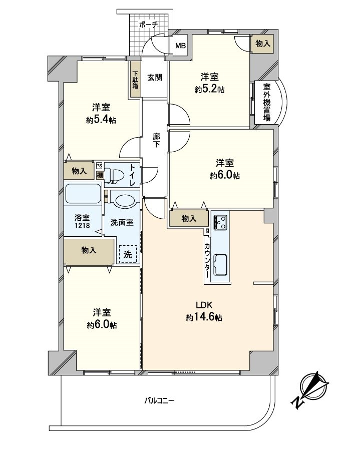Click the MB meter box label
point(180,47)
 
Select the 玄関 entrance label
point(155,77)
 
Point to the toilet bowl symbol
point(116,174)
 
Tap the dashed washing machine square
point(128,254)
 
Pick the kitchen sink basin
point(220,264)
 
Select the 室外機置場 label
point(266,102)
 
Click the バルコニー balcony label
point(159,400)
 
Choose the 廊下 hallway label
point(156,140)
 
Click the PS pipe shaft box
point(99,166)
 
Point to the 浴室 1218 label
point(83,222)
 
